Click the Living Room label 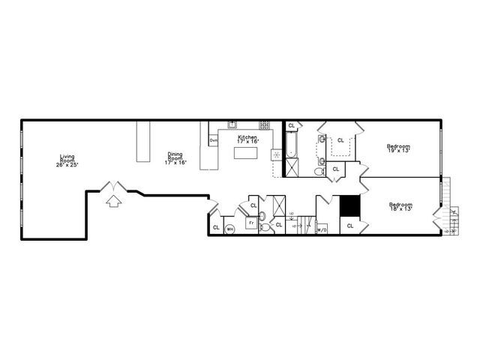[x=67, y=160]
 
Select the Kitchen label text [x=247, y=138]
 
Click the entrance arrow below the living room [x=113, y=200]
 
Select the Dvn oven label [x=213, y=140]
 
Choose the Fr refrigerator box [x=251, y=223]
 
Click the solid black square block [x=349, y=205]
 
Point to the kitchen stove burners [x=265, y=124]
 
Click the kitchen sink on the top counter [x=232, y=124]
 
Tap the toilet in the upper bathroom [x=319, y=172]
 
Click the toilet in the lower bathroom [x=262, y=217]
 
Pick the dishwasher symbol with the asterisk [x=276, y=155]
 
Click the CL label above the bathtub [x=292, y=125]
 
